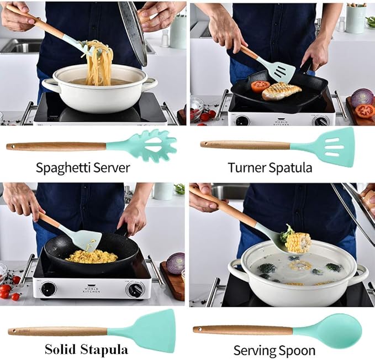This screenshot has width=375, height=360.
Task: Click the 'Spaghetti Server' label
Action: pos(83,168)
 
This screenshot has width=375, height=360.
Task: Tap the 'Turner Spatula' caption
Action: pos(270,168)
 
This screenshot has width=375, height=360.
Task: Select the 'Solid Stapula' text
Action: pos(86,349)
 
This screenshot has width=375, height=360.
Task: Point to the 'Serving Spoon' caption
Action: pos(274,350)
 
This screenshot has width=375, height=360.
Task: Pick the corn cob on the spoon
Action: pos(298,242)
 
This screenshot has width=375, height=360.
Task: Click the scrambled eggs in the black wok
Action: pos(91,256)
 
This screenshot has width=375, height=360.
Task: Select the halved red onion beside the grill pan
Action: pos(362,97)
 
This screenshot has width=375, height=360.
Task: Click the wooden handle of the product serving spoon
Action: pos(243,330)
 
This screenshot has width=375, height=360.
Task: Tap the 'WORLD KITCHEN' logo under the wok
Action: pos(92,289)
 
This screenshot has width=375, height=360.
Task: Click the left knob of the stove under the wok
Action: pos(49,289)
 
